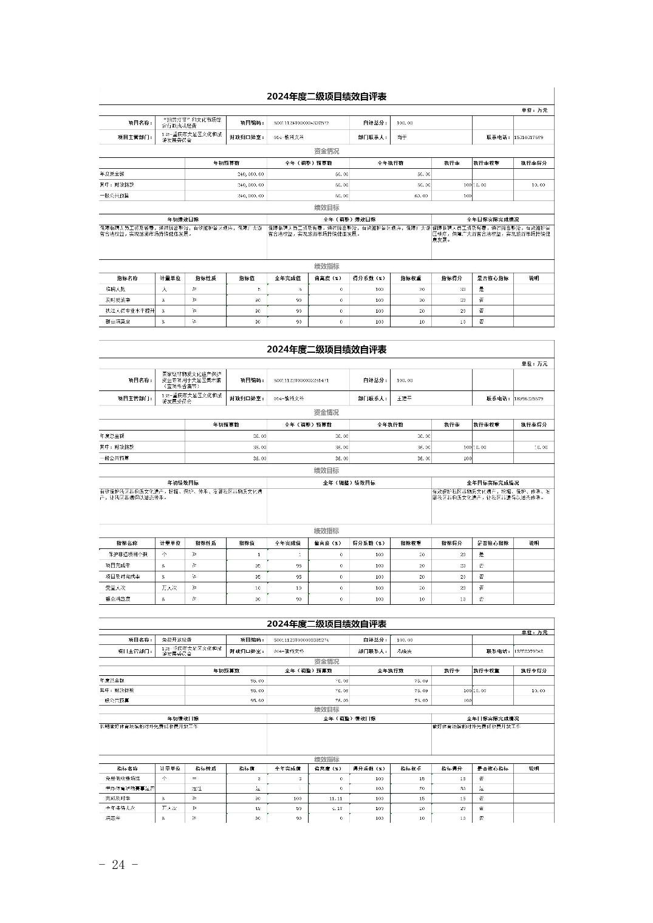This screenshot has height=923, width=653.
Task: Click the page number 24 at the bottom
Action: point(119,865)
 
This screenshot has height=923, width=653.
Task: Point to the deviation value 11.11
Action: point(336,798)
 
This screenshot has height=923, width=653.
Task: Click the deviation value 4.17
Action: point(337,808)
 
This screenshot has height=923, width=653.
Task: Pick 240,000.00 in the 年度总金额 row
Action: point(250,174)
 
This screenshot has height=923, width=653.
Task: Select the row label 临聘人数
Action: point(115,289)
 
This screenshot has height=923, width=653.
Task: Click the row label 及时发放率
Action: point(118,300)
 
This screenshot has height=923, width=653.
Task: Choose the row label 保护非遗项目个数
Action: point(128,554)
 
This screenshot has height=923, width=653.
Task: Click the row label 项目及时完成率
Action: point(123,576)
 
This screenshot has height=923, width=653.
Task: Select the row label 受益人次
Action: point(115,588)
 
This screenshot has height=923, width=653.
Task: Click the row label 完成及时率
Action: point(117,798)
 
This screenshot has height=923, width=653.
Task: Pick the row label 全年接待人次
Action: point(120,808)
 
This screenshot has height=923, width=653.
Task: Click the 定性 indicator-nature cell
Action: point(197,788)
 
